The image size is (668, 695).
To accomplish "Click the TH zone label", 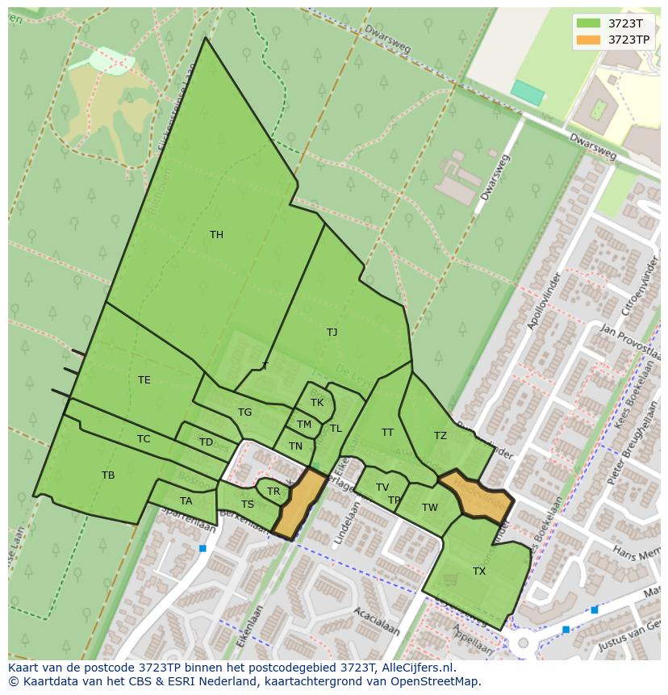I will point(216,235).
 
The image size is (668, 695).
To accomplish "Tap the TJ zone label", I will point(332,333).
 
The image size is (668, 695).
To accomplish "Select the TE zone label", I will point(144,380).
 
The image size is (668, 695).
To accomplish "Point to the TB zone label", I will point(108,475).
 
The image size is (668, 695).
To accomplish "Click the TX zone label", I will point(479,571).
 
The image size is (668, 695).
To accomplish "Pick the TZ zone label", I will point(440,436).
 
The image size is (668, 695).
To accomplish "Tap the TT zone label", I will point(387,433).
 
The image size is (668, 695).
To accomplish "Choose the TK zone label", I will point(316,403).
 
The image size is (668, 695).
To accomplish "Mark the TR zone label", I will point(273,492).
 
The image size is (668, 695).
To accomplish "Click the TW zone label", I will point(429,508).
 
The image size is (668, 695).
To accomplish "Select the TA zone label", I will point(186,501).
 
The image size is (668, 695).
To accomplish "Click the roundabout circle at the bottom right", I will point(523,644).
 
